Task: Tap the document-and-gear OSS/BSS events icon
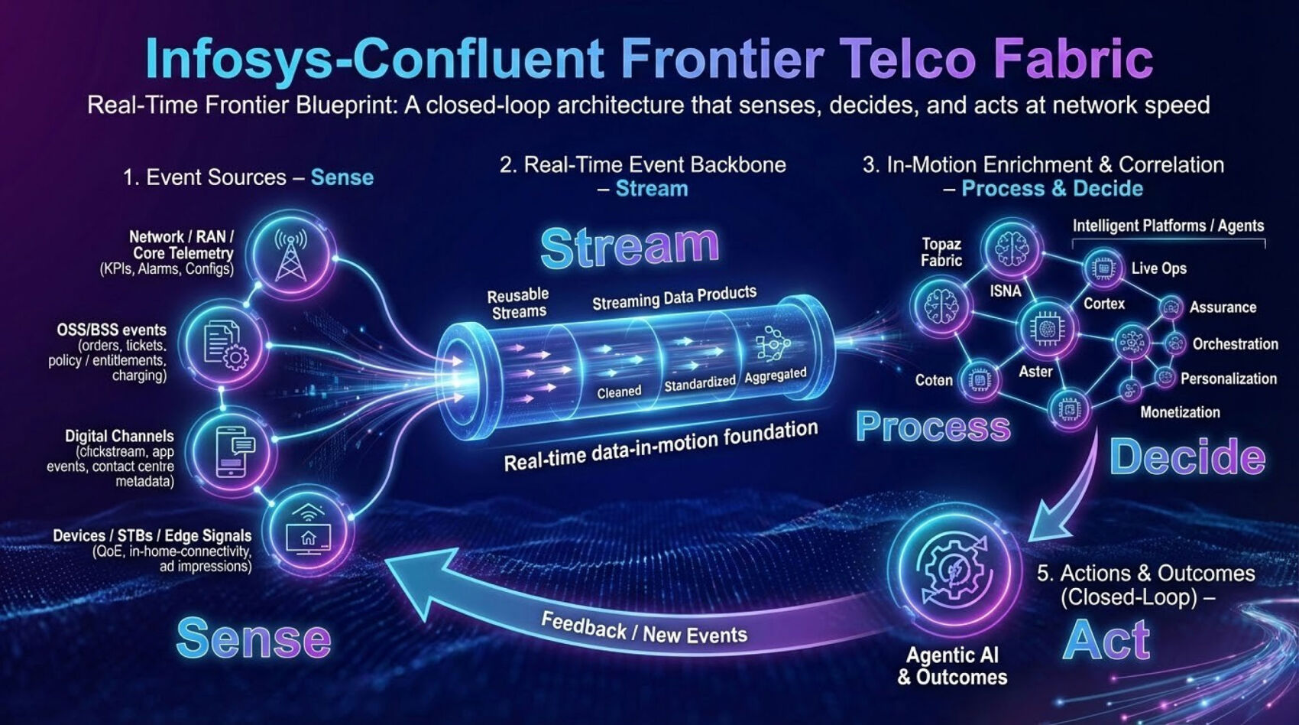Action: [x=225, y=345]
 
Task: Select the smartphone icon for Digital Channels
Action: [x=235, y=451]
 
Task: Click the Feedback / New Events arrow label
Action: [x=643, y=628]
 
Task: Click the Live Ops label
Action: [x=1158, y=268]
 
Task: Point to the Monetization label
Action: [x=1180, y=412]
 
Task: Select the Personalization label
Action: [x=1228, y=379]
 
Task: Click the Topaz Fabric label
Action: [x=941, y=252]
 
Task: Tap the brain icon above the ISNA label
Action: [x=1012, y=249]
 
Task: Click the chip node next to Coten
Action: [x=979, y=379]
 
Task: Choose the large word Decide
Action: [x=1187, y=457]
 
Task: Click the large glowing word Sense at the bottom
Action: [x=254, y=639]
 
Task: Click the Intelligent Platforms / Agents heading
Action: [x=1168, y=226]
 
